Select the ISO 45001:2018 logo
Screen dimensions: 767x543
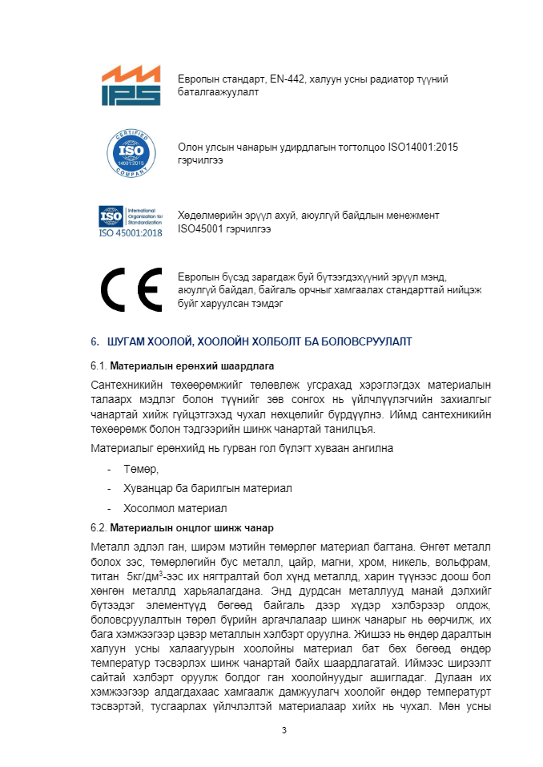[x=130, y=221]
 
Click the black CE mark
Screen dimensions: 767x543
[x=131, y=289]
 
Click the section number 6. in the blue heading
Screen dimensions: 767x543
[x=95, y=341]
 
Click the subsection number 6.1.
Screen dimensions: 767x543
[x=99, y=366]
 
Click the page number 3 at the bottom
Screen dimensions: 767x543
[x=284, y=730]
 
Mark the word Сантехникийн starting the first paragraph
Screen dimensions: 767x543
[x=127, y=386]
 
